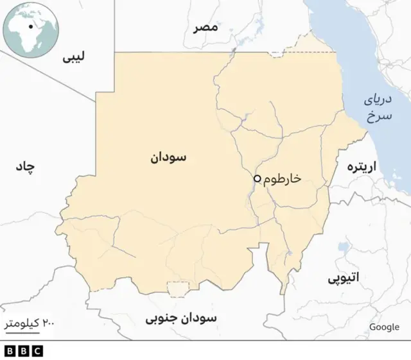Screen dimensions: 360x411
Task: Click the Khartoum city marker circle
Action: click(257, 178)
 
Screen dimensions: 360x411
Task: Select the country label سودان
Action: click(168, 157)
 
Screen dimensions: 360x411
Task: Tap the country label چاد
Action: click(24, 167)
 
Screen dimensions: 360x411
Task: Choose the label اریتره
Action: click(363, 167)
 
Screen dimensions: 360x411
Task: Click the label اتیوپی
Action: click(344, 278)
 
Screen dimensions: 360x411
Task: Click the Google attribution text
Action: click(384, 327)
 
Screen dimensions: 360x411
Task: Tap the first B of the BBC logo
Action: click(10, 351)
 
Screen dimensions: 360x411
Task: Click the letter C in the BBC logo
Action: click(37, 351)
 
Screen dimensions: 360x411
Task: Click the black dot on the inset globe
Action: click(30, 28)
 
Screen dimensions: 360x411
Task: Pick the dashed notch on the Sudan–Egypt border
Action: click(276, 55)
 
